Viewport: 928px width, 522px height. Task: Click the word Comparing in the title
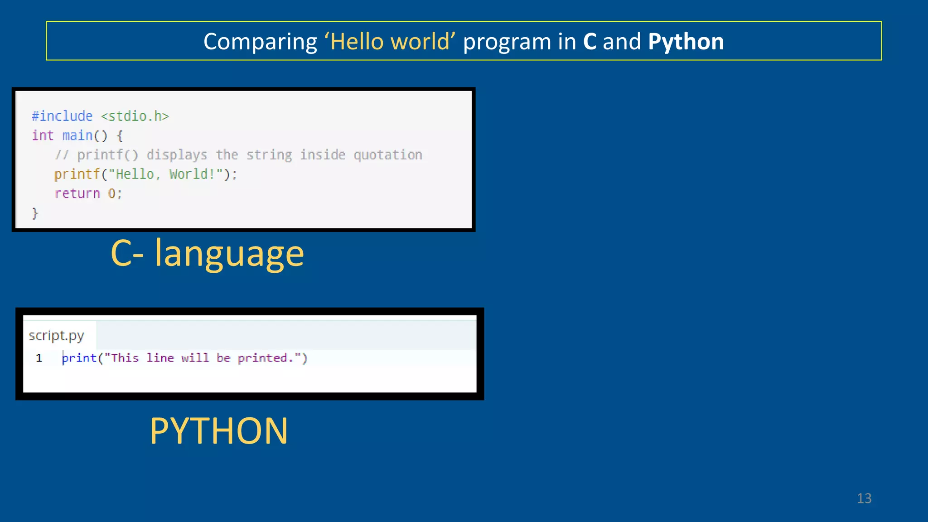[x=260, y=42]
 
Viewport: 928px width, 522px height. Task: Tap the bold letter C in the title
[x=590, y=42]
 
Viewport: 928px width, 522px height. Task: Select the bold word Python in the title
[x=686, y=42]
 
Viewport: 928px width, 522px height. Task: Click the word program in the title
[x=507, y=42]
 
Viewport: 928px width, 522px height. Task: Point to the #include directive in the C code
[x=62, y=116]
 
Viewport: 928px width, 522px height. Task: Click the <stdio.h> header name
[x=135, y=116]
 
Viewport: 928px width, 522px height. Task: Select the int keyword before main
[x=43, y=135]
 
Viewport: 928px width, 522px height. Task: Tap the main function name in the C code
[x=77, y=135]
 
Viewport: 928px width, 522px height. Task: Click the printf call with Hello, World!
[x=145, y=174]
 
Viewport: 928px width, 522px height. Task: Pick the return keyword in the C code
[x=77, y=193]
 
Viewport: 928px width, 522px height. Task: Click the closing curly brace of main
[x=35, y=213]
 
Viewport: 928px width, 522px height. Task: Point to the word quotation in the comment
[x=388, y=155]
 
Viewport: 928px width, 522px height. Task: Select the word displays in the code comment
[x=177, y=155]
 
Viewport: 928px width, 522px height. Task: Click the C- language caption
[x=207, y=254]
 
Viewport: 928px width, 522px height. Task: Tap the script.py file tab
[x=57, y=336]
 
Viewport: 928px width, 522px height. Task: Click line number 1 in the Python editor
[x=39, y=358]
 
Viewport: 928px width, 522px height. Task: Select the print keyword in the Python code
[x=79, y=358]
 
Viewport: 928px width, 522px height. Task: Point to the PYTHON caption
[x=218, y=430]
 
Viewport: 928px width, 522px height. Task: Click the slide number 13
[x=864, y=498]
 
